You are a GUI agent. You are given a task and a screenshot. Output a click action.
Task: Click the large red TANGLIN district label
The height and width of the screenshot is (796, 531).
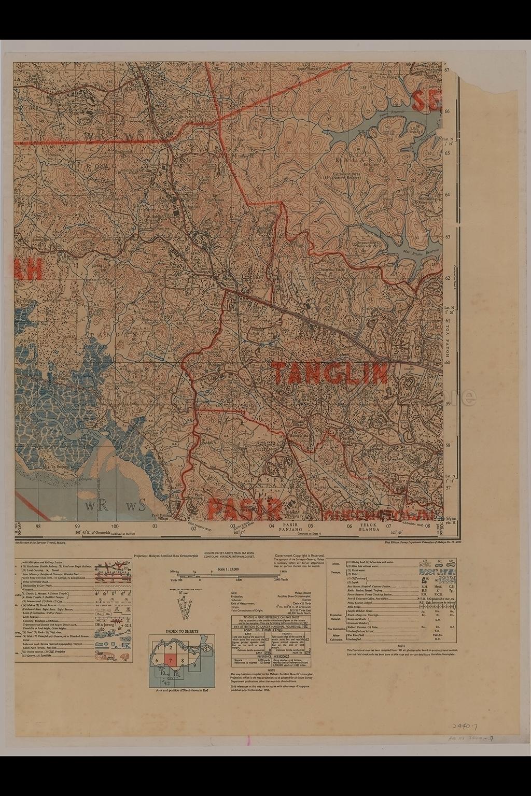pos(330,373)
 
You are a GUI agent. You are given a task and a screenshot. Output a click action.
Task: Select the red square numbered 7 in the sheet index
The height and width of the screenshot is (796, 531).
pos(170,661)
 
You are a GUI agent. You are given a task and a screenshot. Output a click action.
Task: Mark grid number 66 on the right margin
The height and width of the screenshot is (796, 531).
pos(447,111)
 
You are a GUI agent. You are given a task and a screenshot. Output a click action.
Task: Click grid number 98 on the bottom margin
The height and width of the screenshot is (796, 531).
pos(38,526)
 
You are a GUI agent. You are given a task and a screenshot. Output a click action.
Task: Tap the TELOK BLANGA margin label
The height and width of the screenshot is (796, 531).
pos(370,528)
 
